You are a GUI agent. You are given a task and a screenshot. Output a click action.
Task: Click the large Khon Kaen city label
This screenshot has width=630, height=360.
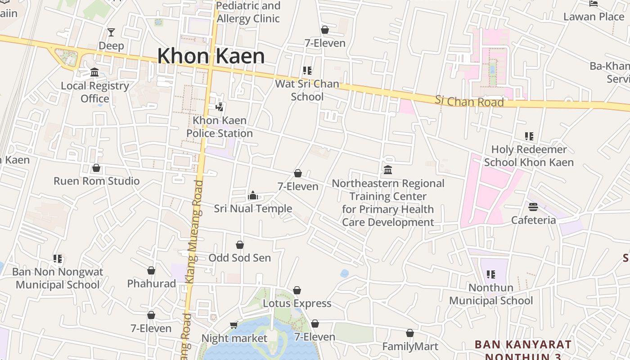pos(211,56)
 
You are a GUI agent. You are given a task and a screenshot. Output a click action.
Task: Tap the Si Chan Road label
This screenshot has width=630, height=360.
pos(469,101)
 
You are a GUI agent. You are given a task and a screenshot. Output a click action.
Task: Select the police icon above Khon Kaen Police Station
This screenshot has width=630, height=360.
pos(220,107)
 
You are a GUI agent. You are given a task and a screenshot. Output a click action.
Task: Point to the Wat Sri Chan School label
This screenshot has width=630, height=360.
pos(307,90)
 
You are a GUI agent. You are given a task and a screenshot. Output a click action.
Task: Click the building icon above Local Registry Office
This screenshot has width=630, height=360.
pos(94,72)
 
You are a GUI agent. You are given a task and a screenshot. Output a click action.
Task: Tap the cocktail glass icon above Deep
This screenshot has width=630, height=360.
pos(111,32)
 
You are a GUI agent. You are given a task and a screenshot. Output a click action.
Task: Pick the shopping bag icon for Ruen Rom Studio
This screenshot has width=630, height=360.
pos(96,168)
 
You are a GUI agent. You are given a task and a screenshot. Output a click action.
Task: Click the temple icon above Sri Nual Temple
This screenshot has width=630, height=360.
pos(253,195)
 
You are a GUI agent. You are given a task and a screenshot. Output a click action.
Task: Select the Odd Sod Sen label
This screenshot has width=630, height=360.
pos(239,258)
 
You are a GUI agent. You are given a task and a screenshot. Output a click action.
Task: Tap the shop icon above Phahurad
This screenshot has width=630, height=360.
pos(151,270)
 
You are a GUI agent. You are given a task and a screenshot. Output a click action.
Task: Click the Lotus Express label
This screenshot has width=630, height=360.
pos(297,303)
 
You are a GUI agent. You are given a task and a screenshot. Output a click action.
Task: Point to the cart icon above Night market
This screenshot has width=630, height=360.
pos(234,325)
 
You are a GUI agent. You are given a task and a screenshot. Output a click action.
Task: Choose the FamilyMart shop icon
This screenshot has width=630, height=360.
pos(409,333)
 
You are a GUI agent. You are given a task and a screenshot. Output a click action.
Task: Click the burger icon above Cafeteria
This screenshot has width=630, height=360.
pos(533,207)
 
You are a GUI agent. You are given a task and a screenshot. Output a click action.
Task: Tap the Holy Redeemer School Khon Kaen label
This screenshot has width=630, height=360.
pos(529,156)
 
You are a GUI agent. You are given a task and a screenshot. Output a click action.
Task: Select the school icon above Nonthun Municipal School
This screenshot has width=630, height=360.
pos(491,274)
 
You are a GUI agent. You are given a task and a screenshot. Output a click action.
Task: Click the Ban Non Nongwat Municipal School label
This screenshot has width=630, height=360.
pos(58,278)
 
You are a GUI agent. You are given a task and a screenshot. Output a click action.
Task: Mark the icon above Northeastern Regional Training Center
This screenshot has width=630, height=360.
pos(388,170)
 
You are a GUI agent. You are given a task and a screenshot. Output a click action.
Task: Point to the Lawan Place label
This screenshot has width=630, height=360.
pos(594,17)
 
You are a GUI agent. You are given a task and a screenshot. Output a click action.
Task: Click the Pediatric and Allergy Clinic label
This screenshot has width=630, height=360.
pos(248,12)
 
